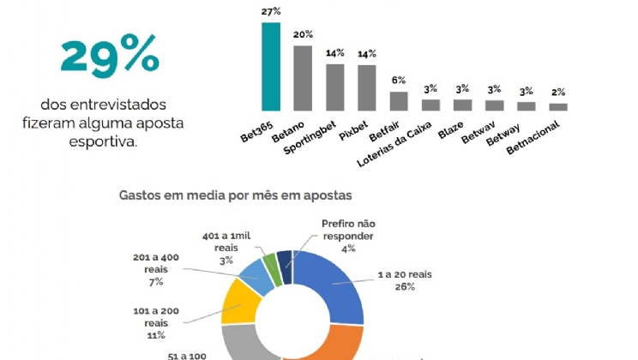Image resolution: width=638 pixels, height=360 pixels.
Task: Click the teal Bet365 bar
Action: click(x=270, y=67)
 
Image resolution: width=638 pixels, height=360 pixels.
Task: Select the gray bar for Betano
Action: click(x=303, y=78)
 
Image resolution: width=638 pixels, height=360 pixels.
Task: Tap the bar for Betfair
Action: click(x=399, y=101)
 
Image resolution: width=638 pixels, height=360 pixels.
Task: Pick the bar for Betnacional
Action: click(x=558, y=107)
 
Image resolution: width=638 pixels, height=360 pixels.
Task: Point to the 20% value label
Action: click(x=303, y=35)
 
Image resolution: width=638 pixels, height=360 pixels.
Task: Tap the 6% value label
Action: click(x=399, y=80)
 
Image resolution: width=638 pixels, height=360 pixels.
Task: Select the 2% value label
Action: click(x=558, y=93)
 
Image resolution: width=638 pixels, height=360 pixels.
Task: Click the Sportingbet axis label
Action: click(x=310, y=136)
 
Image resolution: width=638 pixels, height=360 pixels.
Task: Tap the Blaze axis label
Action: click(x=451, y=129)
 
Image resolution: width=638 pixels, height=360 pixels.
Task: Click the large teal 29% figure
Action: click(x=110, y=57)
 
